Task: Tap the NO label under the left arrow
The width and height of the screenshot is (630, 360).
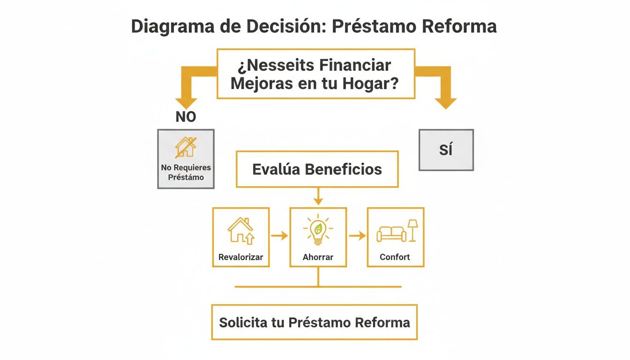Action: click(x=186, y=117)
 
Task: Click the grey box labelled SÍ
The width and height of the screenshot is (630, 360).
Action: click(x=446, y=150)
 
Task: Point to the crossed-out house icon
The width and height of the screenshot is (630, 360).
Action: click(x=186, y=147)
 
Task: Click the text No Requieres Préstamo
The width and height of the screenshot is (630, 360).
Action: click(x=186, y=172)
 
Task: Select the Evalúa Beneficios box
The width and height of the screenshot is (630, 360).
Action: click(x=317, y=169)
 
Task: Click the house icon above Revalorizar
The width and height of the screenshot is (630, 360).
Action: click(x=240, y=230)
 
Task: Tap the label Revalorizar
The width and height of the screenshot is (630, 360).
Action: click(x=240, y=257)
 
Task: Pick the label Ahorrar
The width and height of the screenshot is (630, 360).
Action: click(x=318, y=257)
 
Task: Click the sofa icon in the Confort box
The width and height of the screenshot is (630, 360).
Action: click(x=391, y=233)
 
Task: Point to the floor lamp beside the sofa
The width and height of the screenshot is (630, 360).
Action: click(x=413, y=230)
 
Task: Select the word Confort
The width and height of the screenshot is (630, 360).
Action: click(x=395, y=257)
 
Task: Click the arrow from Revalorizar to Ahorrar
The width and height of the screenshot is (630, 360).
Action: click(x=280, y=235)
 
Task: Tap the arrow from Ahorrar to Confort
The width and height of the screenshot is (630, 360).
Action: click(x=357, y=235)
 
